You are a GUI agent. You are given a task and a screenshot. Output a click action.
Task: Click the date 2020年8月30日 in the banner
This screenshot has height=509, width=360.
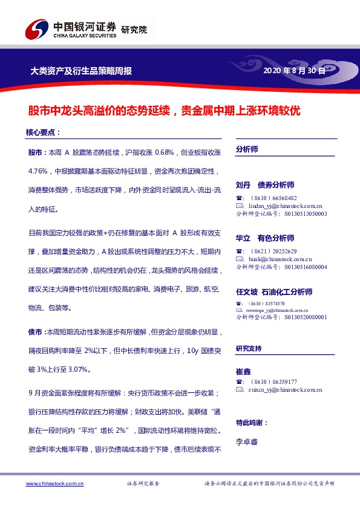point(294,71)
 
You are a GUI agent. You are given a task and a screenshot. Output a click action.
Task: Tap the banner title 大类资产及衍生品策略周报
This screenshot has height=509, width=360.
point(81,71)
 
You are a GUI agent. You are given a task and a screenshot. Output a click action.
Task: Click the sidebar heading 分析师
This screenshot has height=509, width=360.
point(247,149)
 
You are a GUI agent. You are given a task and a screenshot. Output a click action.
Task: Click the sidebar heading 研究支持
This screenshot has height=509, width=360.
point(249,349)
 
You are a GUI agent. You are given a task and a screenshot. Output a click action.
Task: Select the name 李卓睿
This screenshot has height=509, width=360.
point(247,442)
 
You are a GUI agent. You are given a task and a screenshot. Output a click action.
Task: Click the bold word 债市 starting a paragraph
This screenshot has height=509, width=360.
point(34,332)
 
